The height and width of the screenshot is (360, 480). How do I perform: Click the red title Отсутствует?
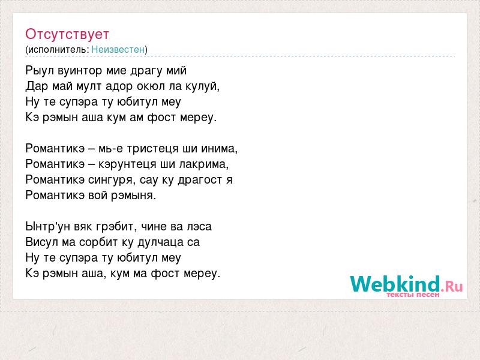click(x=67, y=34)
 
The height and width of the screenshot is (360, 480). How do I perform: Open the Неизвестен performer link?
click(x=118, y=50)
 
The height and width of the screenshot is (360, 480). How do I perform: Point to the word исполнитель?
click(x=58, y=50)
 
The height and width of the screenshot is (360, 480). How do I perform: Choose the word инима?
click(x=219, y=149)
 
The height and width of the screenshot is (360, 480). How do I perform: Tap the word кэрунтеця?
click(x=128, y=164)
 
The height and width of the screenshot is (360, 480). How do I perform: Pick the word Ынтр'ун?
click(x=48, y=227)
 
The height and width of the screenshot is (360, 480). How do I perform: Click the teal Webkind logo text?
click(x=395, y=284)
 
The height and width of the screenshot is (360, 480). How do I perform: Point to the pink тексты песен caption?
click(x=413, y=295)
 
